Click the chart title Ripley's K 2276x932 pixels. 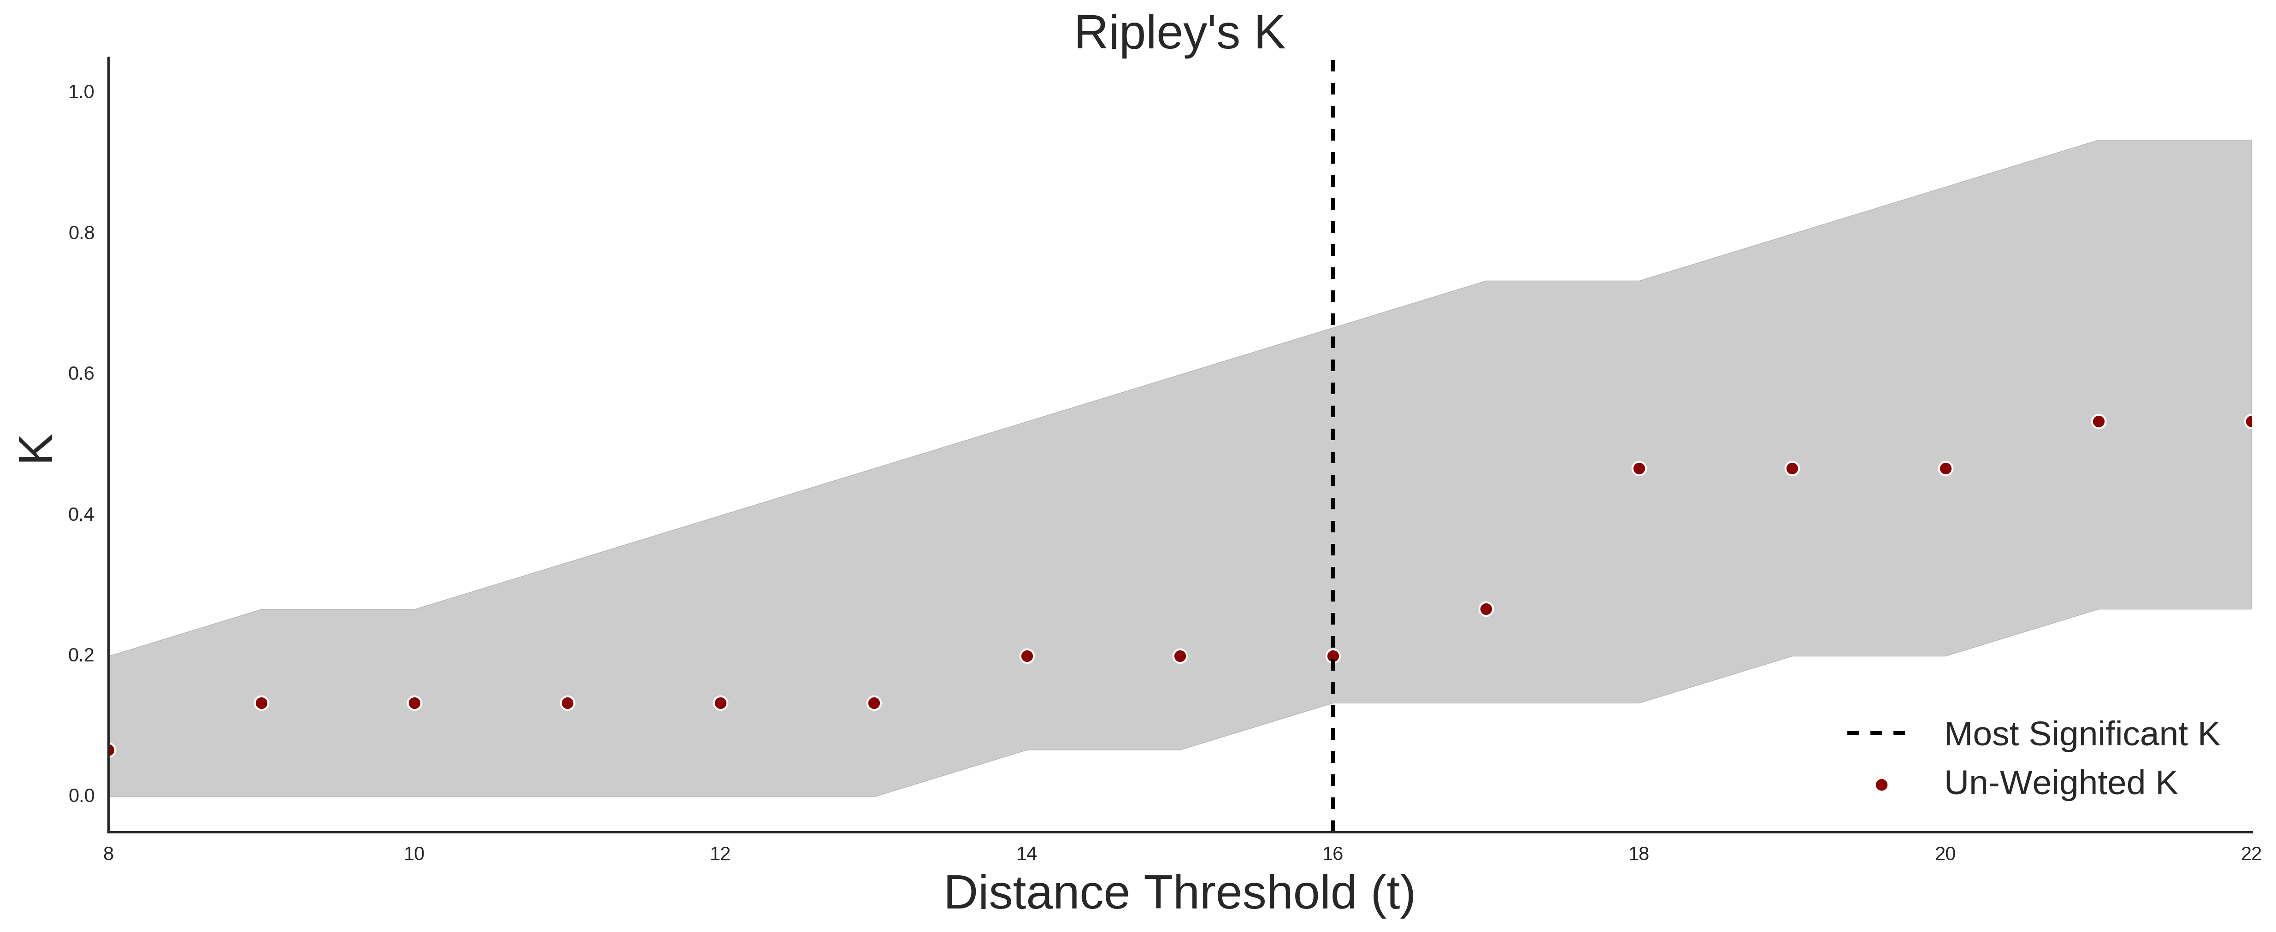tap(1179, 34)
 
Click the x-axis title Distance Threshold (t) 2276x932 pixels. tap(1179, 893)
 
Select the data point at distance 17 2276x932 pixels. tap(1486, 609)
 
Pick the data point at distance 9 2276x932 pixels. tap(261, 703)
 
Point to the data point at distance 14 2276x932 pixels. tap(1026, 656)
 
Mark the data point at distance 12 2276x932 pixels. tap(721, 703)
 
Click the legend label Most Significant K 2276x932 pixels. tap(2081, 734)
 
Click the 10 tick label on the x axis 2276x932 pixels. tap(414, 854)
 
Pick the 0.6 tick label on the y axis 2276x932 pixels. tap(81, 374)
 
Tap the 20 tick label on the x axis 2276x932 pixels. tap(1946, 854)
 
